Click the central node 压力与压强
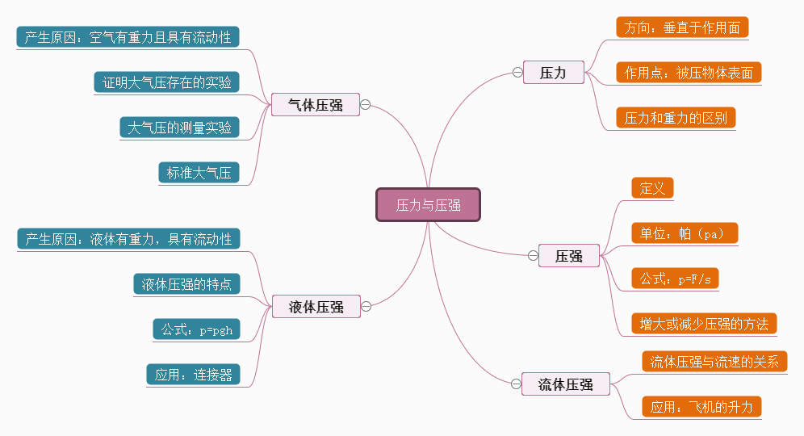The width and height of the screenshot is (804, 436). pos(428,205)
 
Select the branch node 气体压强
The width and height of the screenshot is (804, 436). pos(316,105)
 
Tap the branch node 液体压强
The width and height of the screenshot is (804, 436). pos(316,307)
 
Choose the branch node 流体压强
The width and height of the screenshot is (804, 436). pos(565,385)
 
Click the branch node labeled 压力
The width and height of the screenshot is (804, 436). pos(553,73)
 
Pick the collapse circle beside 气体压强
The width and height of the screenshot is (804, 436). pos(366,105)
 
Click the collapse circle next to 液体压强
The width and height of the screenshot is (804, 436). pos(366,306)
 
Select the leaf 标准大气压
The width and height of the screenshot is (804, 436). pos(199,173)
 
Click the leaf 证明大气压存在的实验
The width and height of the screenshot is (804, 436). pos(167,82)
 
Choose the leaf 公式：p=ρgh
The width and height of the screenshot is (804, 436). pos(196,329)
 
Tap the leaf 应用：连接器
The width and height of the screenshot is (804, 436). pos(193,375)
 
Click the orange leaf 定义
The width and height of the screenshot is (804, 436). pos(652,189)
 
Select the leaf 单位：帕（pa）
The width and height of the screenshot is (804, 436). pos(685,234)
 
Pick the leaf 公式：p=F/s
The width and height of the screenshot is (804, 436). pos(675,279)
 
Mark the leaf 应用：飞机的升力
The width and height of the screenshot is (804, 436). pos(701,407)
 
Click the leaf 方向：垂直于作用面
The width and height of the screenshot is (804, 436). pos(682,27)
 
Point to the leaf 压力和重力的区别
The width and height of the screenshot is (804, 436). pos(676,118)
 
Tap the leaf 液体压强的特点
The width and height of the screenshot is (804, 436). pos(186,284)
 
